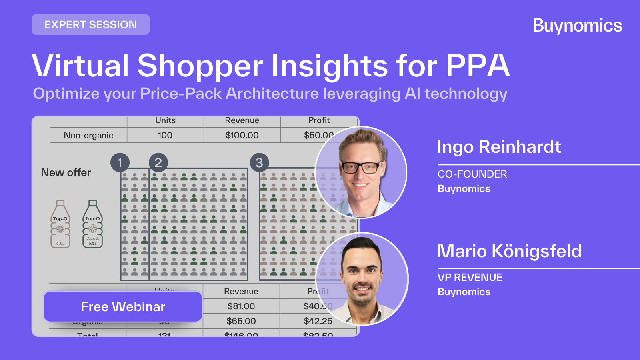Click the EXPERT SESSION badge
coord(91,25)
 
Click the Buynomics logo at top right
coord(577,26)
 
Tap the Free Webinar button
coord(123,307)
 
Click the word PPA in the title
coord(478,65)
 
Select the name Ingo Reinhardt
coord(499,147)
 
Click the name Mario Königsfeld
coord(509,251)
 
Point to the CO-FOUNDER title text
coord(472,174)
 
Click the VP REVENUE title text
coord(470,278)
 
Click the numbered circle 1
coord(120,163)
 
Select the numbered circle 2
coord(158,163)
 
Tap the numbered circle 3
coord(259,163)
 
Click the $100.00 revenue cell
coord(242,135)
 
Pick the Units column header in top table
coord(165,120)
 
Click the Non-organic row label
coord(88,135)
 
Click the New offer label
coord(66,172)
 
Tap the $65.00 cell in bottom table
coord(241,321)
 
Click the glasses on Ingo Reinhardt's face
coord(361,167)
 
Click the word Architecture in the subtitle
coord(272,94)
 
